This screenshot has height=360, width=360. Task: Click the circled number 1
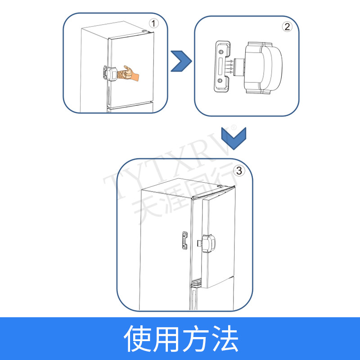pos(154,23)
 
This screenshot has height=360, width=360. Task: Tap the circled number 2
pos(287,26)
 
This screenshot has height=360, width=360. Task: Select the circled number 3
pos(239,171)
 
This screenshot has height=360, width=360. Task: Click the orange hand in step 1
pos(130,73)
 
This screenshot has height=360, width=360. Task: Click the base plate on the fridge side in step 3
pos(185,240)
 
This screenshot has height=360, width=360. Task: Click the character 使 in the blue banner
pos(138,338)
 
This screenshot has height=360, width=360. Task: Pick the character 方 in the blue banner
pos(194,338)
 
